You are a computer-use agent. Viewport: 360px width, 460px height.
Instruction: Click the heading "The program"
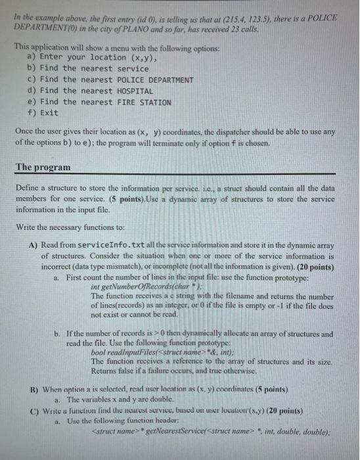(x=43, y=168)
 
